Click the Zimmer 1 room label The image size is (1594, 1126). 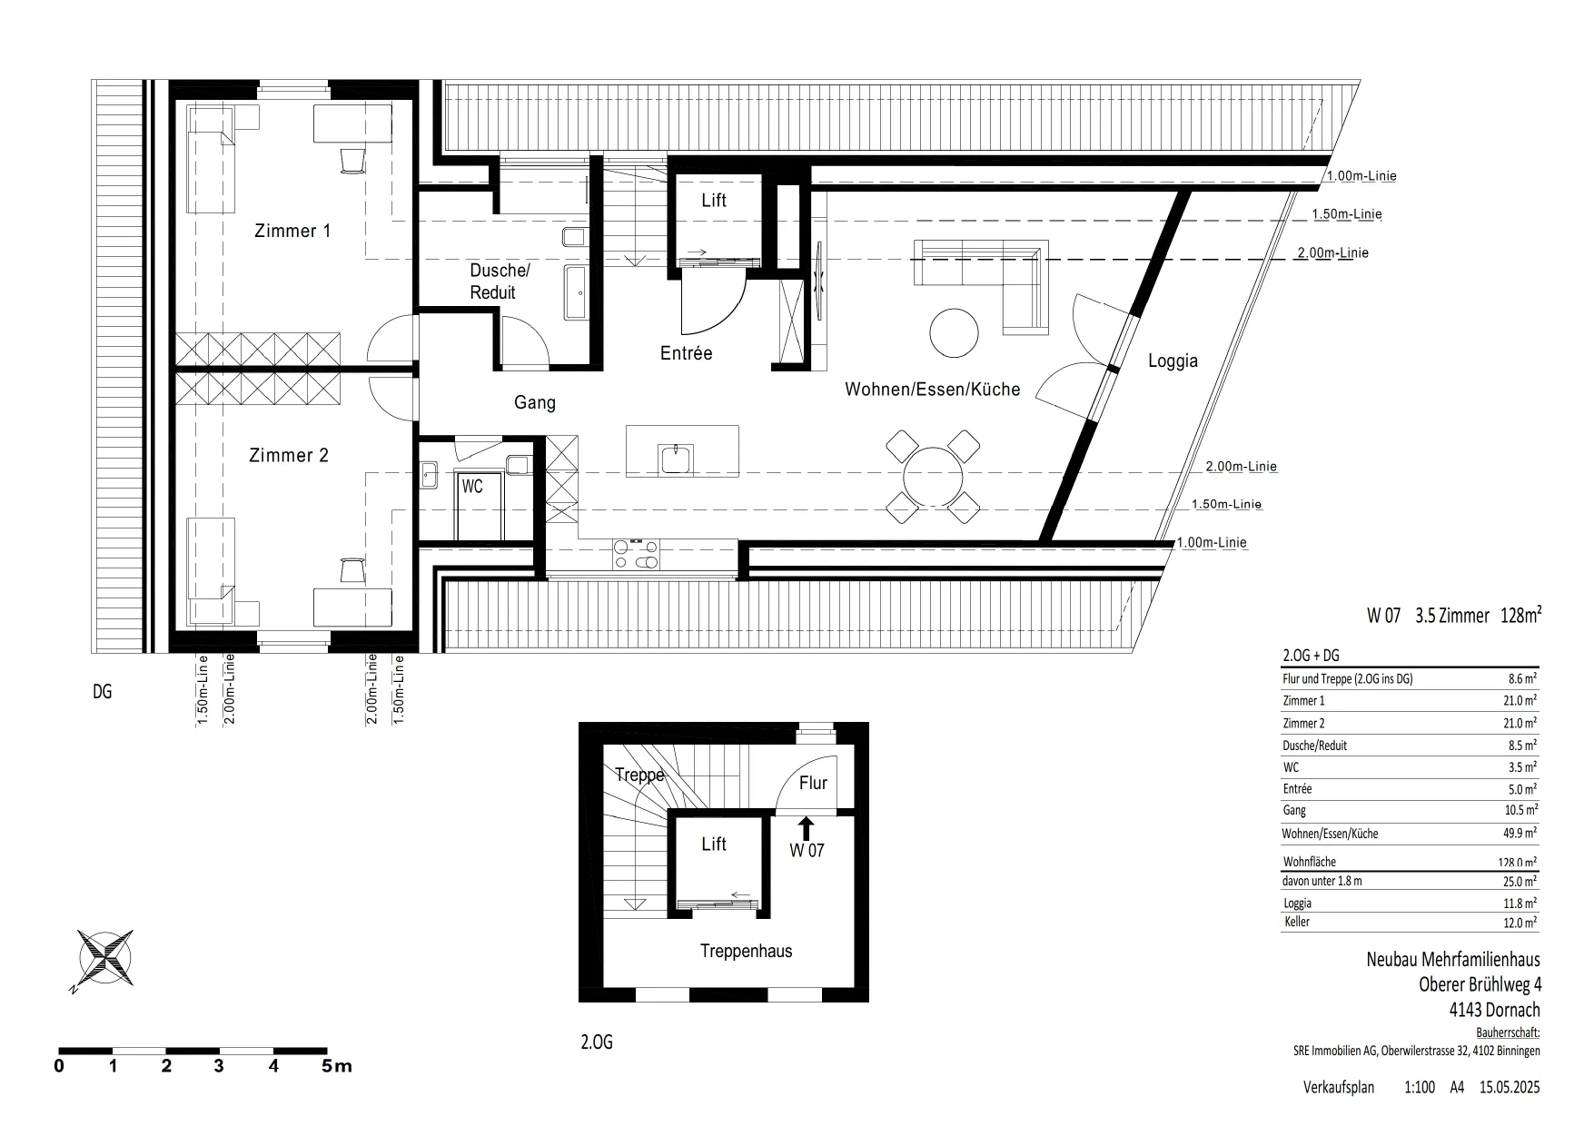coord(292,231)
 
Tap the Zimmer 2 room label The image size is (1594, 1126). coord(289,455)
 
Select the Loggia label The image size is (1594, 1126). coord(1173,361)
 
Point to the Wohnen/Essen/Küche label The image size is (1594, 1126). coord(933,390)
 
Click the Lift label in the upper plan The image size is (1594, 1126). coord(714,200)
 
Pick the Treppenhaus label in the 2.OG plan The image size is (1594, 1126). coord(746,951)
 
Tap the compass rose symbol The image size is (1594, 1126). coord(106,958)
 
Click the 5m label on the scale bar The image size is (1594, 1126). coord(337,1065)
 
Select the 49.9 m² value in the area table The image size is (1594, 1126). coord(1519,833)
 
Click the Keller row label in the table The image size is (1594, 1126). coord(1297,922)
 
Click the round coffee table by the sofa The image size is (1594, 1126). coord(955,333)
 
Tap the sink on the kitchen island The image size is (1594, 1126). coord(678,459)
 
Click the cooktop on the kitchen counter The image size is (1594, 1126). coord(637,555)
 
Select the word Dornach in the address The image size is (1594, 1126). coord(1511,1010)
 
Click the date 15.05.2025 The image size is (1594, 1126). coord(1510,1087)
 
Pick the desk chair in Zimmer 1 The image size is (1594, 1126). coord(352,159)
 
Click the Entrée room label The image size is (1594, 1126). coord(686,353)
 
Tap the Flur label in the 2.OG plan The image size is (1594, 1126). coord(813,783)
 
